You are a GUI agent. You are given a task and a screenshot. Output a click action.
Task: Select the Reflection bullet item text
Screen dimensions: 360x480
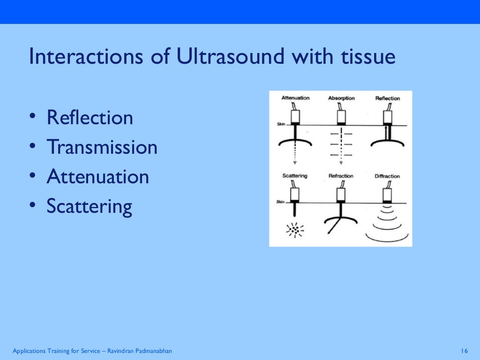point(90,117)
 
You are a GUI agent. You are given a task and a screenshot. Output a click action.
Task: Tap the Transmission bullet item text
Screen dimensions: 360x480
point(102,147)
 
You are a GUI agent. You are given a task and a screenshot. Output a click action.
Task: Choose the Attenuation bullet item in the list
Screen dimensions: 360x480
point(98,177)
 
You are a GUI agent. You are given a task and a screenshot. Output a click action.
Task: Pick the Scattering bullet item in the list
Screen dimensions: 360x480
point(90,206)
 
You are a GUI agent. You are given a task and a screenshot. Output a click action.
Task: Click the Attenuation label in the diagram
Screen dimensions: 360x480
point(295,98)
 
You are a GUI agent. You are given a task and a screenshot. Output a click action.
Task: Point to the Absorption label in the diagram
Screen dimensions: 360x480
point(341,98)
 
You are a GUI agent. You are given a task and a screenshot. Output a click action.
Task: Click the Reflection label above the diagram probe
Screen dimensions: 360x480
point(387,98)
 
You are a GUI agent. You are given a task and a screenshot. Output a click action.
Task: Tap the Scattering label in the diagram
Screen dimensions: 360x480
point(295,176)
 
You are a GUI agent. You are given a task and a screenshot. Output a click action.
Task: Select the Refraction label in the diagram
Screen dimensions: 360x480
point(341,176)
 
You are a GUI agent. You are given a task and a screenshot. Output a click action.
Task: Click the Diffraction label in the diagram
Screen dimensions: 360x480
point(387,176)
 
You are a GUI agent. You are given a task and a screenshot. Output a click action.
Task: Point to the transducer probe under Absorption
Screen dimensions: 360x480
point(341,116)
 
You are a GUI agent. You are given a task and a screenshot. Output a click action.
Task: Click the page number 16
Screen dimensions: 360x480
point(465,351)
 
